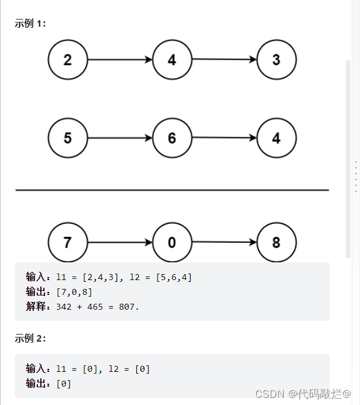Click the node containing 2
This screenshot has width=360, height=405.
coord(67,60)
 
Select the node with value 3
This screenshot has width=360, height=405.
coord(277,60)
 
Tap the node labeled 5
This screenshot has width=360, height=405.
coord(67,139)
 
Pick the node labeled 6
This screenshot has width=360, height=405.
coord(172,139)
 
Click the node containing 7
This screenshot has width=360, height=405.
coord(67,243)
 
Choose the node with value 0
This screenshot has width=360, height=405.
coord(172,243)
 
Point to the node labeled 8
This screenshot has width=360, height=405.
coord(277,243)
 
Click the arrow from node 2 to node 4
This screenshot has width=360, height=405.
coord(120,60)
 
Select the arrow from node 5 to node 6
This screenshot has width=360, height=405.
coord(120,139)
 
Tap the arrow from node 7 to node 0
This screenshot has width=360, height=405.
coord(120,243)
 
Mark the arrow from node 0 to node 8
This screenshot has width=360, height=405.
coord(224,242)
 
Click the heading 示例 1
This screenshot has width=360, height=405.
coord(30,24)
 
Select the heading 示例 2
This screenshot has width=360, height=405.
coord(30,338)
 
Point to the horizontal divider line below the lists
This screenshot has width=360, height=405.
coord(172,190)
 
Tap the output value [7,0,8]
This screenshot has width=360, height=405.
coord(74,292)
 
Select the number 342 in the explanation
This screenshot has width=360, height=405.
coord(63,307)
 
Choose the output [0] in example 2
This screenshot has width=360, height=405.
coord(63,384)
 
